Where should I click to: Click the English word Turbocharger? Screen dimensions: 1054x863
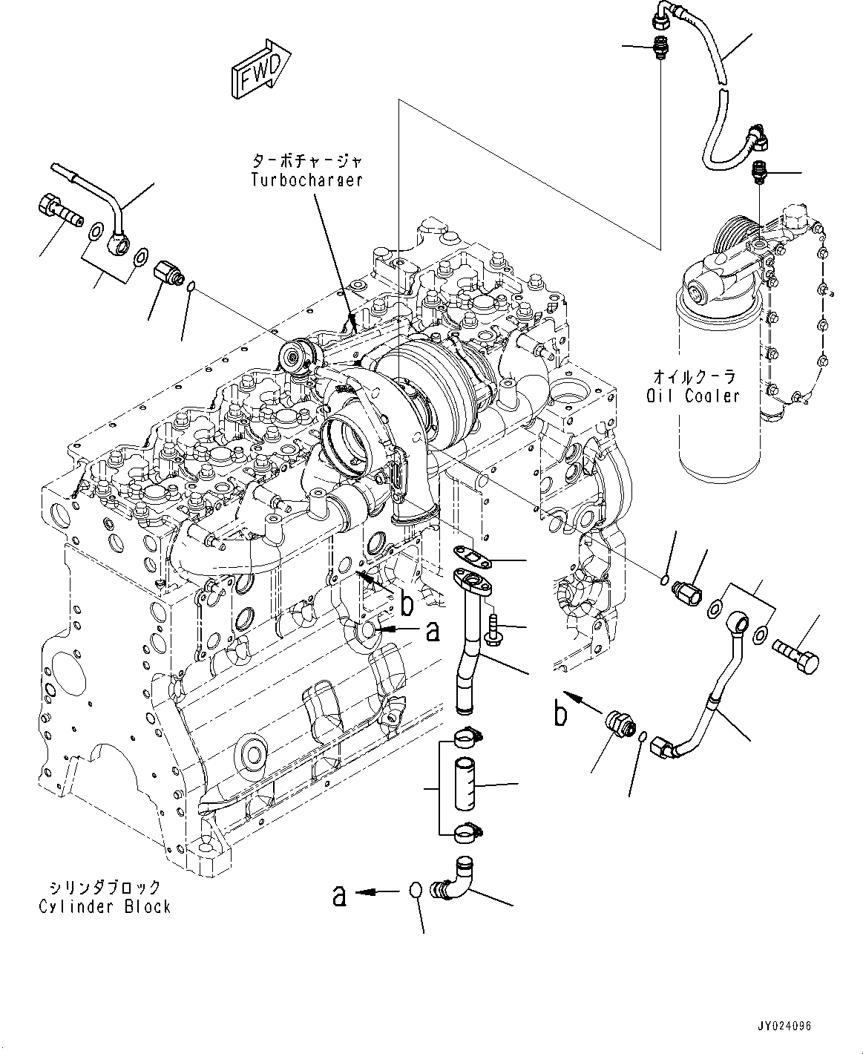click(306, 180)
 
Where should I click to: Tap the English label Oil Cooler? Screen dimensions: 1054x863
click(692, 396)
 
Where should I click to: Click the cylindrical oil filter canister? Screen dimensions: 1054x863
click(717, 386)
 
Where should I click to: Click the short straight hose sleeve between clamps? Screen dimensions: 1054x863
click(465, 783)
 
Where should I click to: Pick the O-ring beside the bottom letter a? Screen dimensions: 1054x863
click(418, 891)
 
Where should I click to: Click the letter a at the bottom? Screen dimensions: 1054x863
click(339, 897)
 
